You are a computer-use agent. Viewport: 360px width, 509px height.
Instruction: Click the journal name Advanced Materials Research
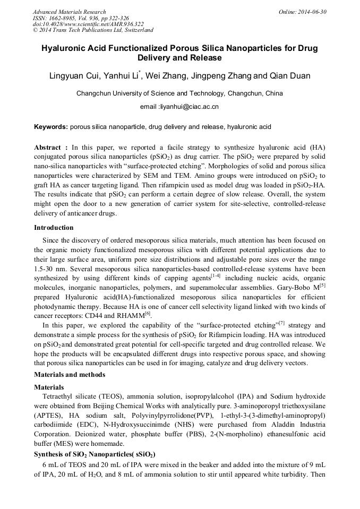point(70,12)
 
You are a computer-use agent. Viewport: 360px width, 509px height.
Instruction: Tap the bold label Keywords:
point(50,127)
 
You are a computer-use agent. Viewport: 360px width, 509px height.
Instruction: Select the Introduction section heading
point(54,228)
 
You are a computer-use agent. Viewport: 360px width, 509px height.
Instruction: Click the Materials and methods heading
point(70,375)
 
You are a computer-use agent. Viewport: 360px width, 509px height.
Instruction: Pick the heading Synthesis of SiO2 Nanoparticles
point(94,454)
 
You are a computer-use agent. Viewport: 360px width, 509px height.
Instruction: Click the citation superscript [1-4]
point(216,276)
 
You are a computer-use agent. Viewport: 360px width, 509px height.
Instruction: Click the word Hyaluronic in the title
point(65,48)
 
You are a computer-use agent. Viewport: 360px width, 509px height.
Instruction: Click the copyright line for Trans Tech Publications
point(93,30)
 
